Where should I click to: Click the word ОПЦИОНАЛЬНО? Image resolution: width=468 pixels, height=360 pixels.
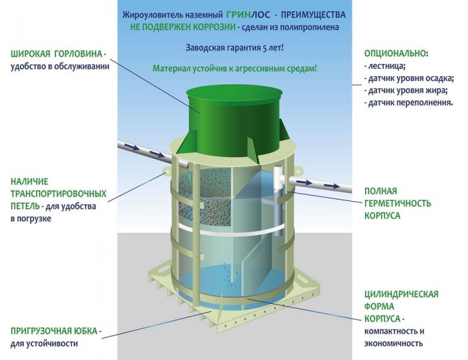click(x=395, y=53)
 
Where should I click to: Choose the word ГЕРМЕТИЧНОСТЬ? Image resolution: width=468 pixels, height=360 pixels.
click(x=397, y=203)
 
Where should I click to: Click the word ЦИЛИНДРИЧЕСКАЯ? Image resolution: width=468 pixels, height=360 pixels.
click(x=401, y=293)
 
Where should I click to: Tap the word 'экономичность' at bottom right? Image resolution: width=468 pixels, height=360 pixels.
click(x=394, y=343)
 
